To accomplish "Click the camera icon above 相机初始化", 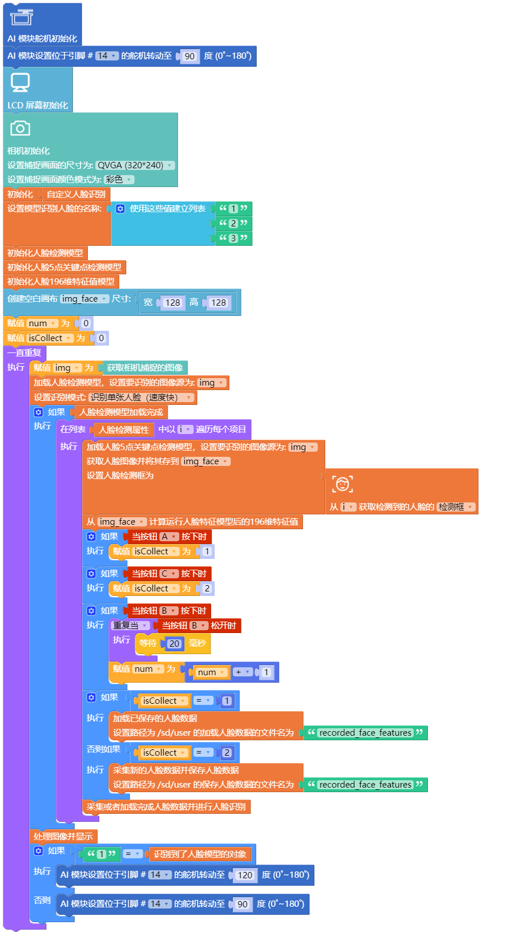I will click(20, 129).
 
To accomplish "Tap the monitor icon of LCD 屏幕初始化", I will click(20, 82).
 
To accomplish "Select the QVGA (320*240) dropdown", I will click(134, 165).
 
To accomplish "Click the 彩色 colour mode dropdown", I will click(119, 180).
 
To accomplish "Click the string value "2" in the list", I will click(233, 224).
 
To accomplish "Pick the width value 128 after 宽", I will click(172, 303).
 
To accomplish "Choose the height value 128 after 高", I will click(219, 303).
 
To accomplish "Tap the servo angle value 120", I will click(245, 875).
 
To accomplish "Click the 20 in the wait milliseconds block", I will click(174, 644).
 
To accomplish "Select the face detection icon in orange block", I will click(342, 484).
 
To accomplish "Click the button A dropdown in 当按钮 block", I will click(169, 537).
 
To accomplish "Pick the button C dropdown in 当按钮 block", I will click(168, 574).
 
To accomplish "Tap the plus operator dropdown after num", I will click(243, 672).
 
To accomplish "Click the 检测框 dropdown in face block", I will click(455, 507).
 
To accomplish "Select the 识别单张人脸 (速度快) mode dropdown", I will click(142, 398).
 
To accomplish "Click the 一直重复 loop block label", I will click(24, 353).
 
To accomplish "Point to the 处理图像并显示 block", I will click(63, 837).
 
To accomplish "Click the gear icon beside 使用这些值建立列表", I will click(120, 209).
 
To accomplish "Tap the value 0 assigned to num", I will click(86, 323).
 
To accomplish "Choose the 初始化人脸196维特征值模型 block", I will click(60, 282).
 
